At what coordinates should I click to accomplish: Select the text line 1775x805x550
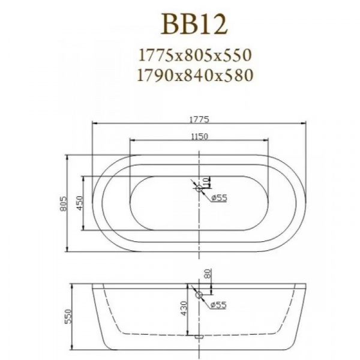193,55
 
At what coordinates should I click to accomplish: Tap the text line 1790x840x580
193,74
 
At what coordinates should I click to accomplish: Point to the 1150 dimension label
200,136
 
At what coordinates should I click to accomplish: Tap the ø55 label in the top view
218,198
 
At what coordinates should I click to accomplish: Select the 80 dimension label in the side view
207,275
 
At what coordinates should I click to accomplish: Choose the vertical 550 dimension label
68,317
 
